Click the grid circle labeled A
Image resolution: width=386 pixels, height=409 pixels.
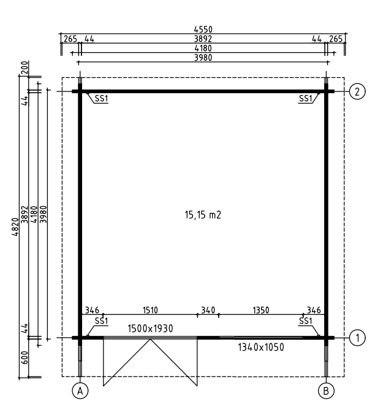coord(80,391)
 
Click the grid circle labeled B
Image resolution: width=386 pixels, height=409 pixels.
coord(326,391)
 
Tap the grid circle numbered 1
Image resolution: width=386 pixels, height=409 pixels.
coord(357,338)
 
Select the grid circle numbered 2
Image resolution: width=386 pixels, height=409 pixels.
coord(357,91)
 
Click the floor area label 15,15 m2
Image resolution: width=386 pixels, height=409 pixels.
coord(203,215)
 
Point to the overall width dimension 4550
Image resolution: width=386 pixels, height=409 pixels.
coord(203,29)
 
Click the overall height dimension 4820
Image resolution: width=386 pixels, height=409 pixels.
coord(15,227)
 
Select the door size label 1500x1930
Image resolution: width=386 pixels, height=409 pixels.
coord(150,329)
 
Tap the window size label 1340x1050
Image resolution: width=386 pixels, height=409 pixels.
coord(261,347)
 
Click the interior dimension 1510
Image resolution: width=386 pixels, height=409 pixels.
coord(150,310)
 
